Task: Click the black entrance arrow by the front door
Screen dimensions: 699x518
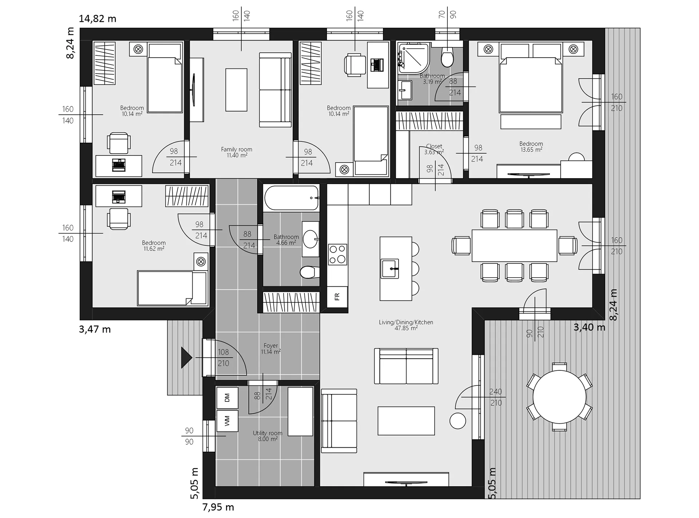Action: [x=186, y=357]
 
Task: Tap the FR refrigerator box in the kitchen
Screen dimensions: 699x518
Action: [x=337, y=297]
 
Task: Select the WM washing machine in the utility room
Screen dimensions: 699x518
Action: [x=227, y=421]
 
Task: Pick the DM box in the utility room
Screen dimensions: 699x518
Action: [x=227, y=398]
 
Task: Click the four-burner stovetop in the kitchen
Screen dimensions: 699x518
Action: [x=337, y=254]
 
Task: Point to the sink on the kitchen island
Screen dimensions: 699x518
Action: [x=390, y=268]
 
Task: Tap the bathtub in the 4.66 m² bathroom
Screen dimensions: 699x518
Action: [x=291, y=198]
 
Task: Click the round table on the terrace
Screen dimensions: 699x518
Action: [x=559, y=397]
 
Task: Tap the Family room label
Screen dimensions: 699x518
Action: [x=237, y=152]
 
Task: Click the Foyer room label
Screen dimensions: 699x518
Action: [x=270, y=349]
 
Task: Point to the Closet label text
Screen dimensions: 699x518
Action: [x=434, y=146]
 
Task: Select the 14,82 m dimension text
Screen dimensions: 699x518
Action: [x=98, y=19]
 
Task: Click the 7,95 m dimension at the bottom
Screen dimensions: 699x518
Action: [x=218, y=507]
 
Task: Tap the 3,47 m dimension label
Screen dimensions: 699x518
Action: [x=95, y=329]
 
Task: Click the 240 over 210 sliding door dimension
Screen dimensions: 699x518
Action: [x=496, y=397]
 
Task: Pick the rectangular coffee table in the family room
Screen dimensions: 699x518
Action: [x=236, y=90]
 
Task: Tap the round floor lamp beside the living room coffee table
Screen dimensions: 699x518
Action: [x=458, y=421]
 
